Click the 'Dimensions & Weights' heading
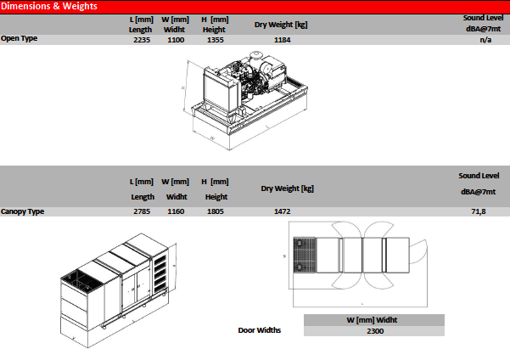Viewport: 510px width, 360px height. click(49, 6)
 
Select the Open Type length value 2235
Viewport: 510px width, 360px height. click(142, 40)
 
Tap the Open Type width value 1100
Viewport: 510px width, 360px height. click(176, 40)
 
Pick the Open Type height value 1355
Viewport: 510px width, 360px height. click(216, 40)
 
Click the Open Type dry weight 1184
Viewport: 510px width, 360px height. click(283, 40)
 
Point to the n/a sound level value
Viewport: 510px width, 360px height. click(485, 40)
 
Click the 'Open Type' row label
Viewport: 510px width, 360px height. click(20, 38)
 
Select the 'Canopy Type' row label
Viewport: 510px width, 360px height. click(22, 211)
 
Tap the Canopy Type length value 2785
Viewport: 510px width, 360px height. click(142, 211)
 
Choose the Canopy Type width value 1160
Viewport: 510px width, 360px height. click(176, 211)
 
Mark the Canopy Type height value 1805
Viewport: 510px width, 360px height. click(216, 211)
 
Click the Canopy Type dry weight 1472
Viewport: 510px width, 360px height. click(283, 211)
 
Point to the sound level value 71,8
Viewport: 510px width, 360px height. click(479, 211)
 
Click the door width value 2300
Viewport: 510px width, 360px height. click(375, 331)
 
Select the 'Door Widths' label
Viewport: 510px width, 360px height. click(259, 330)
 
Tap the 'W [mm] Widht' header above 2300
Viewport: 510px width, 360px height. click(372, 320)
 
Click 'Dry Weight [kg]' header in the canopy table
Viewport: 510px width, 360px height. click(287, 188)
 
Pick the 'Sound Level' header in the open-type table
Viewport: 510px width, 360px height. click(484, 18)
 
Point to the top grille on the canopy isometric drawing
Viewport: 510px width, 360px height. click(81, 279)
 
